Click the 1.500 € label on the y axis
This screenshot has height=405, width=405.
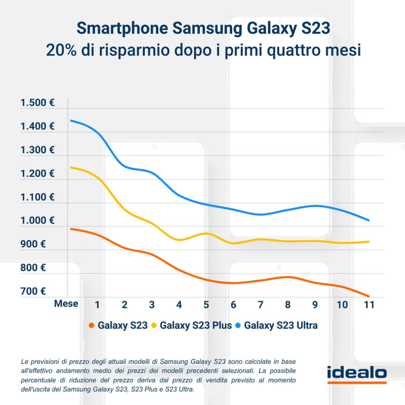tap(38, 103)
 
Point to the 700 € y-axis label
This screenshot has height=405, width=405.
tap(33, 291)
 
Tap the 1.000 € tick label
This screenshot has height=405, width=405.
tap(38, 221)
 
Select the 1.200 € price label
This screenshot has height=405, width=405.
tap(38, 174)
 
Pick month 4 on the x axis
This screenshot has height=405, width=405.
tap(179, 305)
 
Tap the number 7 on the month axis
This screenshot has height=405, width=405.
tap(260, 305)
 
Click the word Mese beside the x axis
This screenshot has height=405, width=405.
tap(66, 304)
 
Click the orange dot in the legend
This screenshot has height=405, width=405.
tap(92, 326)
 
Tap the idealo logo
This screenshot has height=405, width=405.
tap(357, 374)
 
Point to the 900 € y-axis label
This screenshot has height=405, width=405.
tap(33, 244)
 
